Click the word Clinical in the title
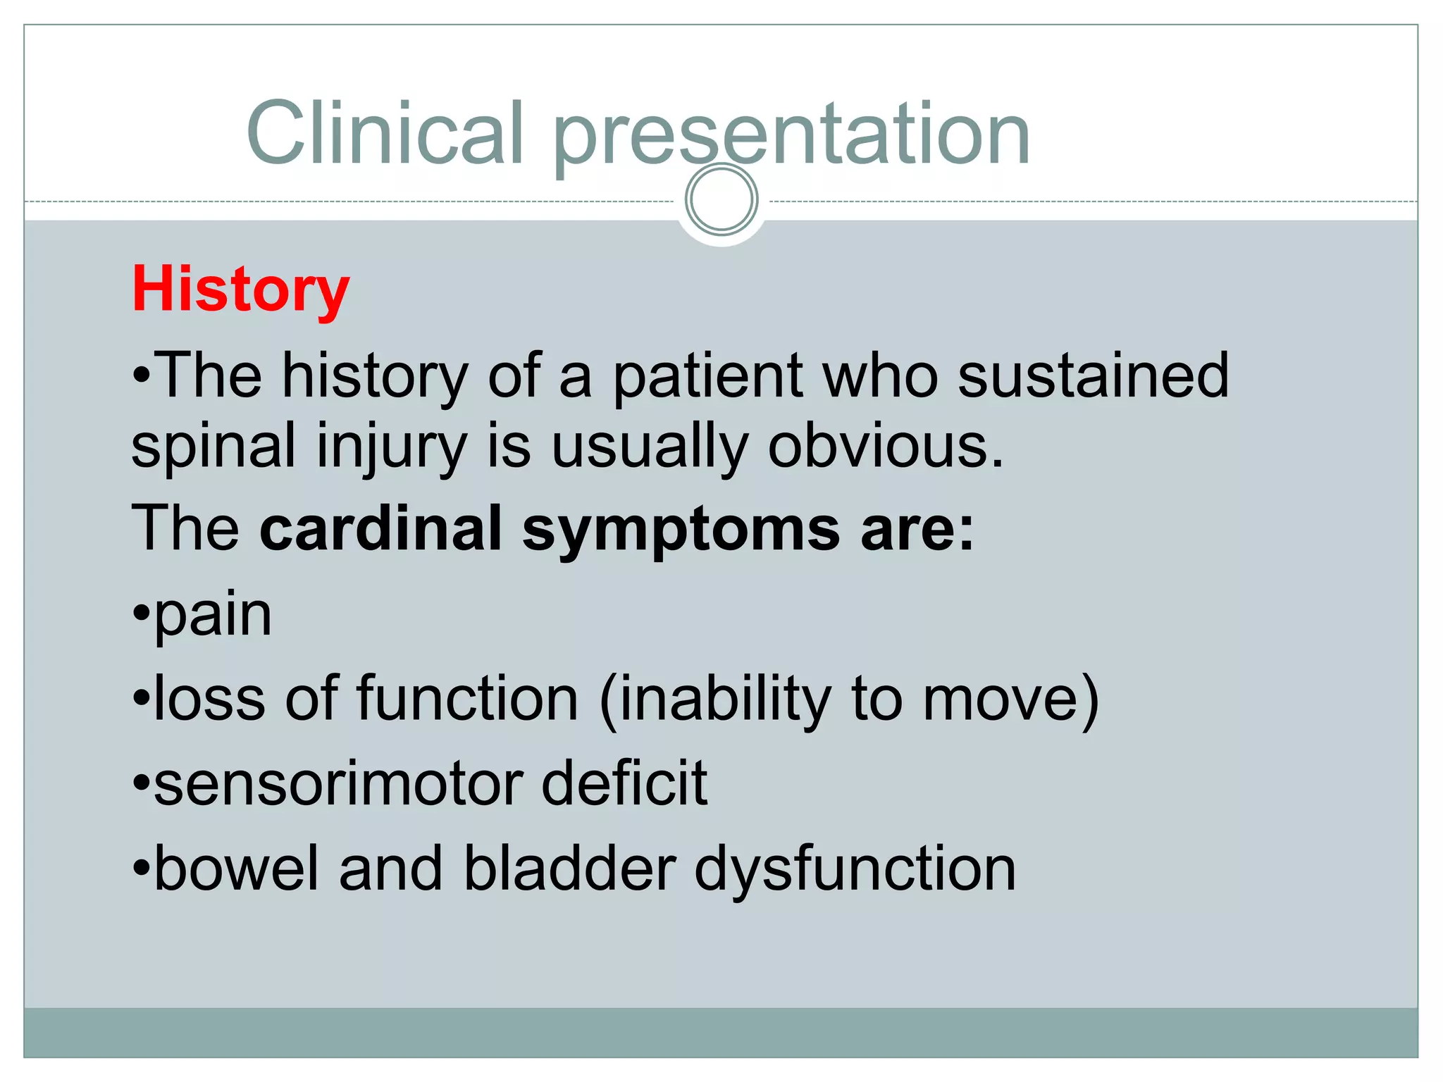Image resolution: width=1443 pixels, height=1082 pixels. point(385,133)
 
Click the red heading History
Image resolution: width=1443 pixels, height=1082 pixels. point(240,290)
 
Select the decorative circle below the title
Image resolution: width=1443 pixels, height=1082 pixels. point(721,199)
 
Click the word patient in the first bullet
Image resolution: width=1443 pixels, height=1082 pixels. point(708,377)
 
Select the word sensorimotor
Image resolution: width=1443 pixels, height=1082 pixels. point(338,784)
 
